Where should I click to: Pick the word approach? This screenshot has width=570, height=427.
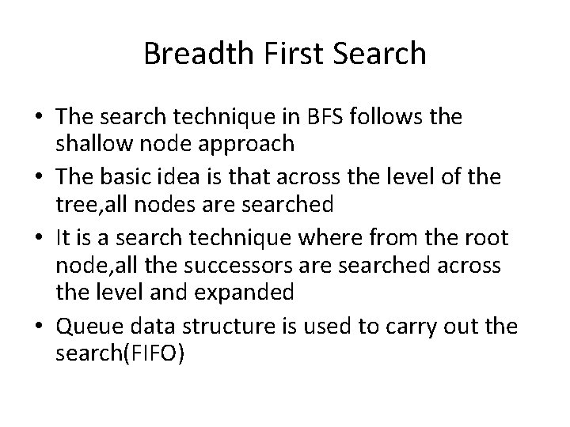[250, 143]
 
